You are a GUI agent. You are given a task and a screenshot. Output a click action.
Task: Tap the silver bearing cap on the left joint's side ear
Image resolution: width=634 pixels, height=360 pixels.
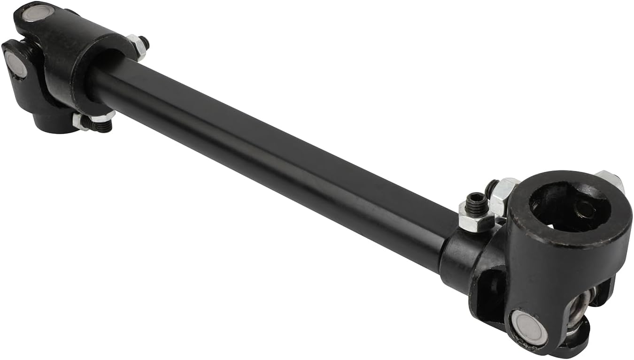(16, 64)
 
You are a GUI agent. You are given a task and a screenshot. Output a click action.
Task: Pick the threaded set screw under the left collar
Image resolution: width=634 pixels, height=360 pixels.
(104, 125)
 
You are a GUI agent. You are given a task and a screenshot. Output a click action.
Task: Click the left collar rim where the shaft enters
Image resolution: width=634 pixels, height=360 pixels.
(101, 75)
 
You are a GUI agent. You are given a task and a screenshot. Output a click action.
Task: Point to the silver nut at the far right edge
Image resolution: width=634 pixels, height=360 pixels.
(611, 180)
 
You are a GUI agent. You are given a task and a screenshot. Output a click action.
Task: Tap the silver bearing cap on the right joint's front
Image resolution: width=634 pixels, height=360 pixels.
(529, 327)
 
